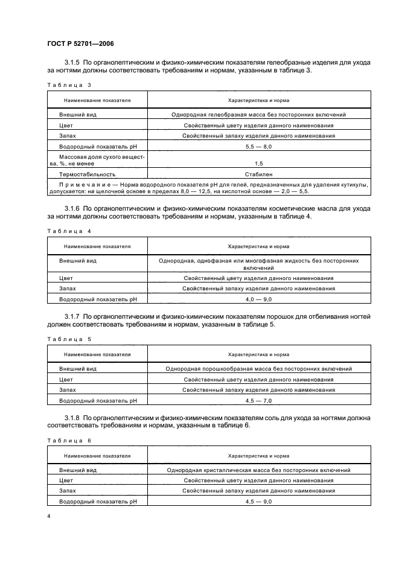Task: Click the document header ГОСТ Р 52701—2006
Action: [80, 43]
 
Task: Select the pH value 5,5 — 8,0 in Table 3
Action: [258, 147]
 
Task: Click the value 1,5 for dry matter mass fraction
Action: [258, 163]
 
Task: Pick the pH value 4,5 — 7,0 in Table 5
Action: [258, 400]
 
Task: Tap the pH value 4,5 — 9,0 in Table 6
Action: [258, 502]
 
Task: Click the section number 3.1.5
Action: [72, 62]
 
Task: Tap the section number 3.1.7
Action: [72, 316]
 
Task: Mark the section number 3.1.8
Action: [72, 418]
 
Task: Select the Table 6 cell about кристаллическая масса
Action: [258, 470]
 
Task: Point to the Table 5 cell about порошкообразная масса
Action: [258, 368]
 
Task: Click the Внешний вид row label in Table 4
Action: [78, 261]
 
